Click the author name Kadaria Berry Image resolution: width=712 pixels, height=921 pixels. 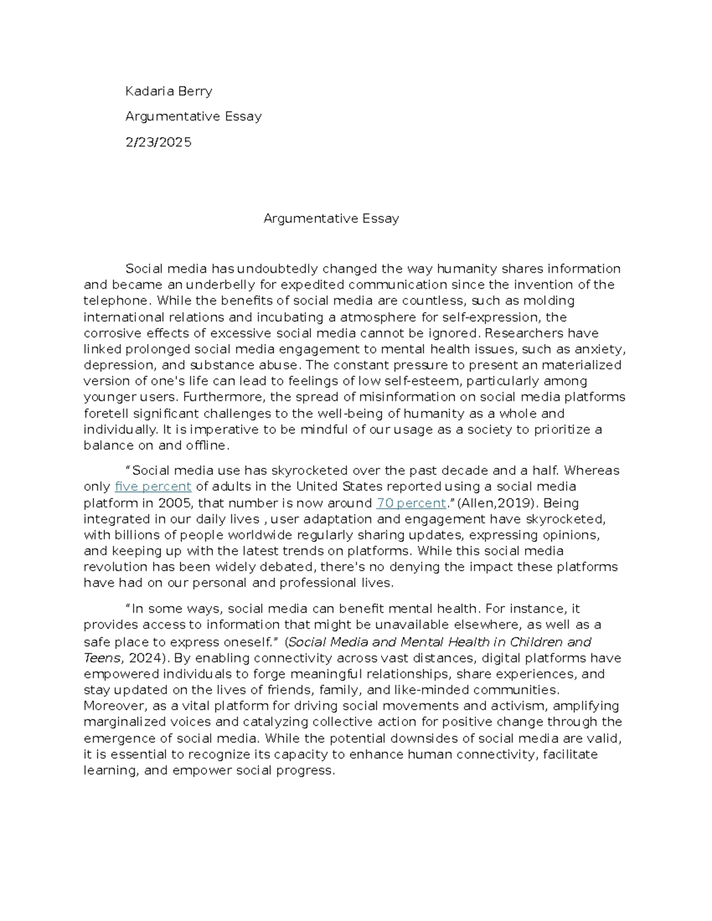click(169, 91)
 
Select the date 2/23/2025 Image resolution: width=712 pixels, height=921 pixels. click(158, 142)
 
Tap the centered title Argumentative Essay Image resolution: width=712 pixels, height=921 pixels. click(331, 218)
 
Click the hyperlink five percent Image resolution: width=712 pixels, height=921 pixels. click(153, 487)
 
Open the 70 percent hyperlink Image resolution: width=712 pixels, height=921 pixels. click(411, 503)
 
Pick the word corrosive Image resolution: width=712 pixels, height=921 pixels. click(110, 333)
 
